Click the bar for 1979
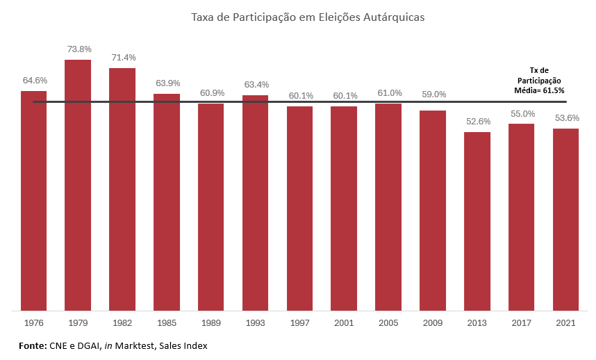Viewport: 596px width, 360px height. pos(78,184)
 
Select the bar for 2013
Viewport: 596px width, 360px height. pos(477,220)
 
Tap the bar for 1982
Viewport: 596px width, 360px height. pos(122,188)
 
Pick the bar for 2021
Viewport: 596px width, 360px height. pos(566,219)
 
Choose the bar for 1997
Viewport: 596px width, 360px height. pos(300,208)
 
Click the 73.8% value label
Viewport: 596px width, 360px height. pos(78,49)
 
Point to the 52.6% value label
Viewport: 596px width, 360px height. pos(477,122)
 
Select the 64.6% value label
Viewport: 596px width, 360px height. pos(34,81)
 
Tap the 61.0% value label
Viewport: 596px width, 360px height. pos(389,93)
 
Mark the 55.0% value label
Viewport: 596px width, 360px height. pos(522,113)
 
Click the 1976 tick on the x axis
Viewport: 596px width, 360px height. pos(34,323)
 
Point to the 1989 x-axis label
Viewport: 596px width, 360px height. pos(211,323)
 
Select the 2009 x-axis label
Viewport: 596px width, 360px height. pos(433,323)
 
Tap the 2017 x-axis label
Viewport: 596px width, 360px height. pos(522,323)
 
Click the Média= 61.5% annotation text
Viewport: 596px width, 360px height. pos(540,90)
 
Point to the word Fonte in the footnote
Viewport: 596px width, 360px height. pos(33,345)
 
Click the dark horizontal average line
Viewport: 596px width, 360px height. pos(278,102)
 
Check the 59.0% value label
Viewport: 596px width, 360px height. pos(433,95)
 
